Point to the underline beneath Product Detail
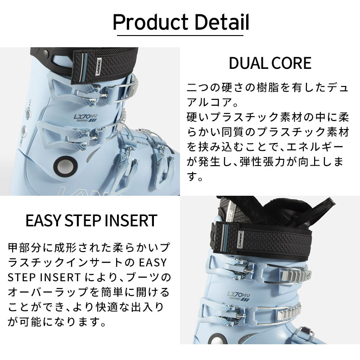click(180, 34)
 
